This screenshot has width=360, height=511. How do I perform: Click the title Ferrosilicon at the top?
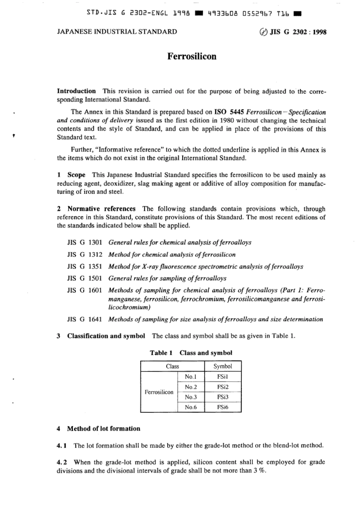192,56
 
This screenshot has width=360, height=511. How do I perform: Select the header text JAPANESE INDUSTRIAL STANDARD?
117,32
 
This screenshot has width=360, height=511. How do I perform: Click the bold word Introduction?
76,91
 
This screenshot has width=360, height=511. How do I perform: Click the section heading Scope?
76,175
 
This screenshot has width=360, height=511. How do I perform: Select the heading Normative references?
101,209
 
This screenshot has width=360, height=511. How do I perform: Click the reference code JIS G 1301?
85,243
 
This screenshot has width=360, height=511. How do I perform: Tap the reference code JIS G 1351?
85,266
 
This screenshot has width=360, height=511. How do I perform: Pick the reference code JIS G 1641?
85,319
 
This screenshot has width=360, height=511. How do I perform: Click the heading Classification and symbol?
106,336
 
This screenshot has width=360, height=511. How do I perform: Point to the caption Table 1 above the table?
161,353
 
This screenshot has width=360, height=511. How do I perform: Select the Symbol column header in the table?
222,366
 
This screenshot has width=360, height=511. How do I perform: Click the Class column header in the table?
172,366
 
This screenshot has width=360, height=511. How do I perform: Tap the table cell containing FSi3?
222,397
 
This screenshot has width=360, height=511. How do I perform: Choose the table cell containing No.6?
191,408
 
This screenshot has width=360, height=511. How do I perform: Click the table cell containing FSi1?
222,377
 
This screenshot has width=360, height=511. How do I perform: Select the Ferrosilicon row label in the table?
159,392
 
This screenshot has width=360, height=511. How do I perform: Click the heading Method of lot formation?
103,429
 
